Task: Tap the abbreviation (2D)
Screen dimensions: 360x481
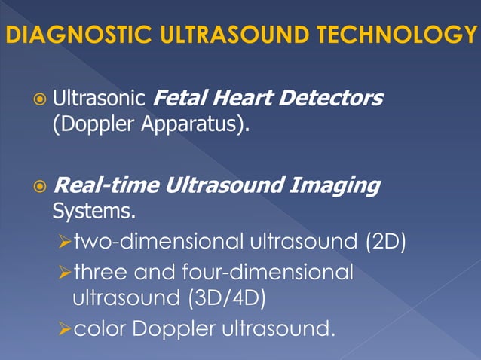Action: coord(385,242)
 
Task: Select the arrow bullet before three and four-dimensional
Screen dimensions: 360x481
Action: coord(63,271)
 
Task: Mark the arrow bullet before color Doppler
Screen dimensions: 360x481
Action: coord(63,328)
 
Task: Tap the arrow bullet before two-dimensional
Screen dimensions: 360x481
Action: coord(63,243)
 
